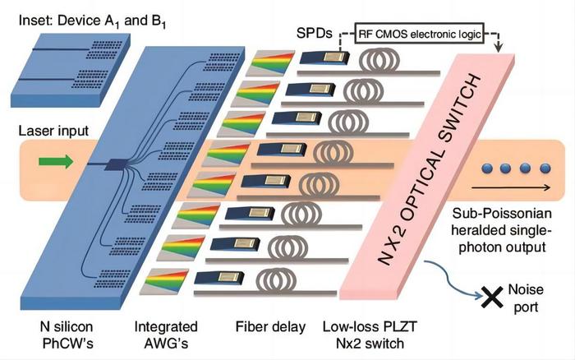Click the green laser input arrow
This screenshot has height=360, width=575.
click(x=56, y=161)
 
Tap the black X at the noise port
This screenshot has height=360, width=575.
click(x=491, y=297)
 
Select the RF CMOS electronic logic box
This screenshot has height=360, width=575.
click(x=420, y=34)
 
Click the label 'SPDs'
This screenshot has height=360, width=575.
click(x=315, y=34)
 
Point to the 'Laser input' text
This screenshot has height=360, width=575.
click(x=53, y=131)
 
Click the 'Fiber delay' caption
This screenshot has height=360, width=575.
click(x=270, y=326)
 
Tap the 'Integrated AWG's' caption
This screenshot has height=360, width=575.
click(x=166, y=335)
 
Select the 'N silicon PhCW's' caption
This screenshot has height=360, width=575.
click(x=67, y=335)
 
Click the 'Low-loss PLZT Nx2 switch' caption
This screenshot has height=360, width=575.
click(x=370, y=335)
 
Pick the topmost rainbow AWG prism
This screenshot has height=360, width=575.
click(x=270, y=63)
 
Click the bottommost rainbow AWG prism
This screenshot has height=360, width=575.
click(x=167, y=281)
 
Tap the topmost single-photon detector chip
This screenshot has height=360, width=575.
click(x=324, y=58)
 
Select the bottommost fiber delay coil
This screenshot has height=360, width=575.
click(x=275, y=279)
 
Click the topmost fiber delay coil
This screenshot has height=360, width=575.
click(x=379, y=59)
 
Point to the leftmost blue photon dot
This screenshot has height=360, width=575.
click(x=486, y=168)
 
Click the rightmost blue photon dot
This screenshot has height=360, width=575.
click(x=545, y=168)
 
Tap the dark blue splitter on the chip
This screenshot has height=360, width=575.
click(x=116, y=164)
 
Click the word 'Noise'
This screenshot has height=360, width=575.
click(x=526, y=290)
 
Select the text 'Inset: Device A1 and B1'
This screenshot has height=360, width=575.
click(x=92, y=21)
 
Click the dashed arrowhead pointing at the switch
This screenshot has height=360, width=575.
click(x=498, y=48)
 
